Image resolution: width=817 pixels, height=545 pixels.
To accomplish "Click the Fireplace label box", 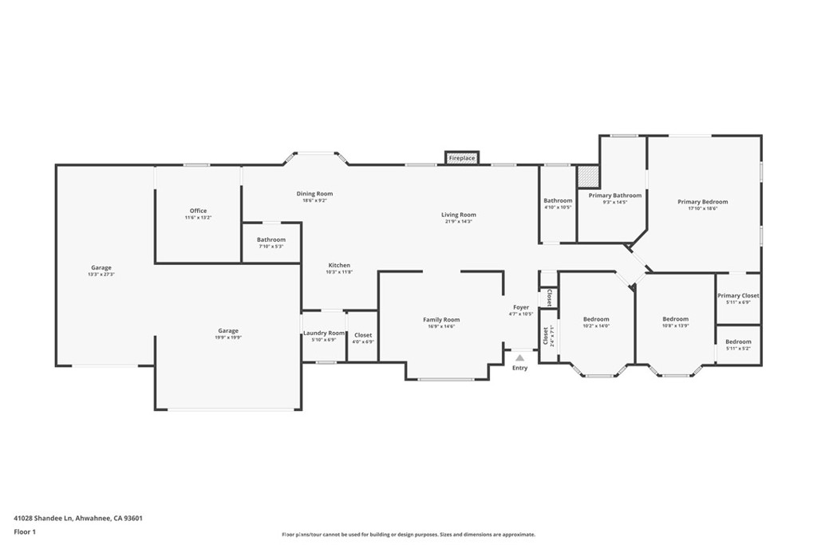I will [461, 159].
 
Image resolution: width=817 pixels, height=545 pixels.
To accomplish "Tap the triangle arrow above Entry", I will [519, 357].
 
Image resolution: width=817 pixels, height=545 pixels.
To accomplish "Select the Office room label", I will [198, 211].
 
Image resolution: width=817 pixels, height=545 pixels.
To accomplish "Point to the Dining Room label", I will [314, 194].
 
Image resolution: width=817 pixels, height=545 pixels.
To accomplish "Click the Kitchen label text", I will [339, 266].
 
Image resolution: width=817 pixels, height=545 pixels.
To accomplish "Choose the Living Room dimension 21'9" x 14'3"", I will [459, 221].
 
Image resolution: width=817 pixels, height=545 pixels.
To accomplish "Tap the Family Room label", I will [441, 320].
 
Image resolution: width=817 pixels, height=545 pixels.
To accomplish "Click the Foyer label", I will [521, 307].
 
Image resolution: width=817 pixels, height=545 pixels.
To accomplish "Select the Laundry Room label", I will [324, 333].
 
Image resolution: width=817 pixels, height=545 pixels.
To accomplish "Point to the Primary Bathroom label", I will [614, 195].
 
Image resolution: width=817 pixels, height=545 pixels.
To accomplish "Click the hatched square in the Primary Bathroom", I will [588, 175].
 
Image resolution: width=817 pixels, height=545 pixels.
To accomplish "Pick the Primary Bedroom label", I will [702, 202].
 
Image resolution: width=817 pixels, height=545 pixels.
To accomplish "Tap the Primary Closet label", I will [738, 296].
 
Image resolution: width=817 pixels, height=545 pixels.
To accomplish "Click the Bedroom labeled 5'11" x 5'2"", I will [738, 342].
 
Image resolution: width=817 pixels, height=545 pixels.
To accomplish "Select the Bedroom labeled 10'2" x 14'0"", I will [595, 319].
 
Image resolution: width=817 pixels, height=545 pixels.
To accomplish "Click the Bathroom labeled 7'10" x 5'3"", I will [270, 239].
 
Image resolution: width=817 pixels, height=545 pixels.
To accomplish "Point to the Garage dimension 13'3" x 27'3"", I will [101, 274].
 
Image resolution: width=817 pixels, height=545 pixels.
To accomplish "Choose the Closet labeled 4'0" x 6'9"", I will [363, 335].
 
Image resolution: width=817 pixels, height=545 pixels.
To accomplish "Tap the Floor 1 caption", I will [25, 531].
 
